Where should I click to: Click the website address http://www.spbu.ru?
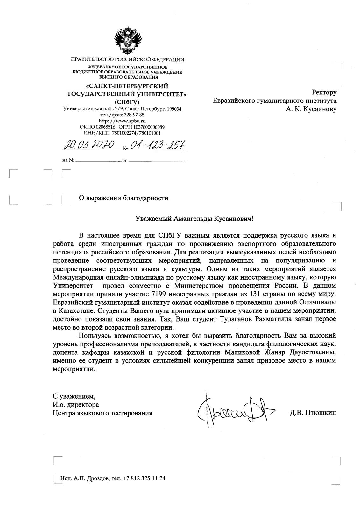coord(122,121)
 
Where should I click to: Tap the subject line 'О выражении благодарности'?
coord(123,199)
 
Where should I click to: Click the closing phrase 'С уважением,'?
coord(74,396)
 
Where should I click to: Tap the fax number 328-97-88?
coord(134,115)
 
